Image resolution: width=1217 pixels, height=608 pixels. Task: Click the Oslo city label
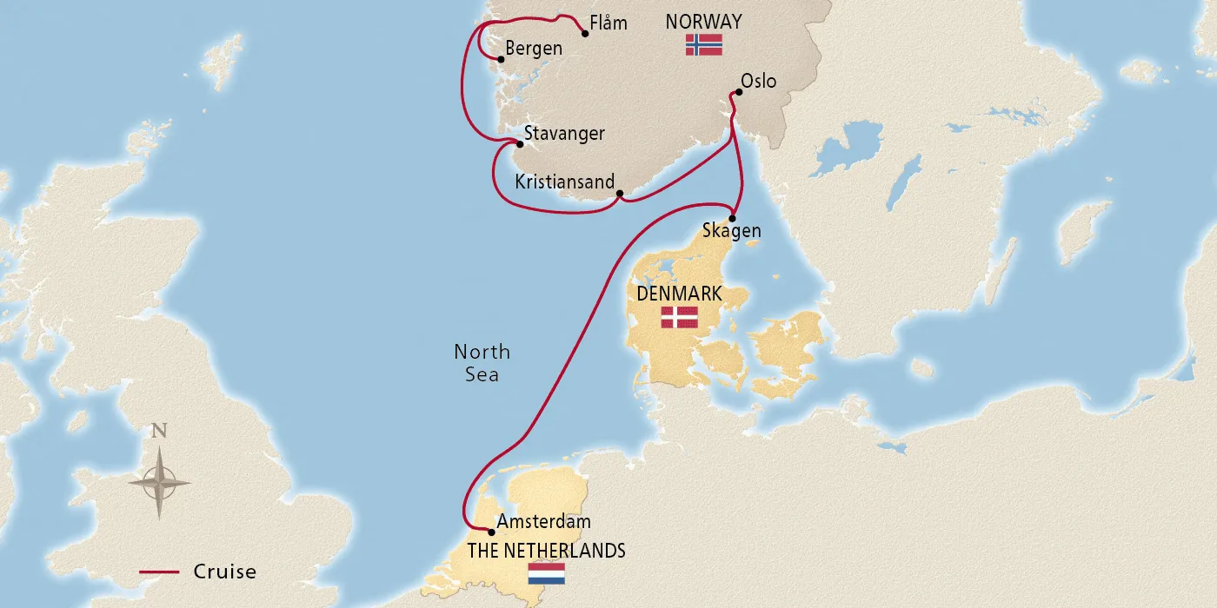[x=758, y=81]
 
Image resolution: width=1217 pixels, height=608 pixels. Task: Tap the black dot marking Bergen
[x=500, y=59]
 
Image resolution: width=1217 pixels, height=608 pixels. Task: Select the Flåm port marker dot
[x=584, y=33]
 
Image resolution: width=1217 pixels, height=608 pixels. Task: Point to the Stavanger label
[x=564, y=134]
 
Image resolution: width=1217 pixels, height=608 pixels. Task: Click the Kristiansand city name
[x=564, y=182]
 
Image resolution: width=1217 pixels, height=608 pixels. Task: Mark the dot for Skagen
[x=732, y=218]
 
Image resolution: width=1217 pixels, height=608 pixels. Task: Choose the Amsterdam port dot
[x=491, y=532]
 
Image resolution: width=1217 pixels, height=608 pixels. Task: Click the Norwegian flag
[x=703, y=45]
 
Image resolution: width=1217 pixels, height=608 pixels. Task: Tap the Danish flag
[x=679, y=317]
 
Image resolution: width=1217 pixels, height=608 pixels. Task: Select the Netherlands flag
[x=546, y=573]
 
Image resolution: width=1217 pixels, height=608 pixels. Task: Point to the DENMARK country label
[x=679, y=294]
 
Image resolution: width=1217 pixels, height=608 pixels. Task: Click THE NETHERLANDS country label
[x=546, y=551]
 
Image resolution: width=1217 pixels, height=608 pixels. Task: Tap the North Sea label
[x=482, y=363]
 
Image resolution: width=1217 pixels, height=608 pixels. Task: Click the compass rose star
[x=160, y=480]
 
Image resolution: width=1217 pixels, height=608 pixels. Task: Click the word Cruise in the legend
[x=224, y=572]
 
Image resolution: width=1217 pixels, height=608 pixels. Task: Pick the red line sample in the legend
[x=160, y=572]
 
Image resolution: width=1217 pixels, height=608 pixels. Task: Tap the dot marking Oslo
[x=739, y=90]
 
